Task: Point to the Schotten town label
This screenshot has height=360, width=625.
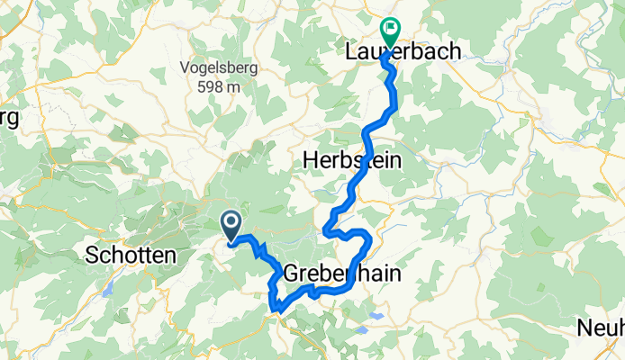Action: (x=130, y=256)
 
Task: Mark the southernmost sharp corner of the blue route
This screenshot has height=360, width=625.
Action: (x=276, y=310)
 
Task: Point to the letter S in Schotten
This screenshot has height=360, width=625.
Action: (x=92, y=256)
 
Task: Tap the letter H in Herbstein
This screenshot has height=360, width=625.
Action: (x=310, y=158)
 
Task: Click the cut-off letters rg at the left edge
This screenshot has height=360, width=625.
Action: (x=8, y=119)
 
